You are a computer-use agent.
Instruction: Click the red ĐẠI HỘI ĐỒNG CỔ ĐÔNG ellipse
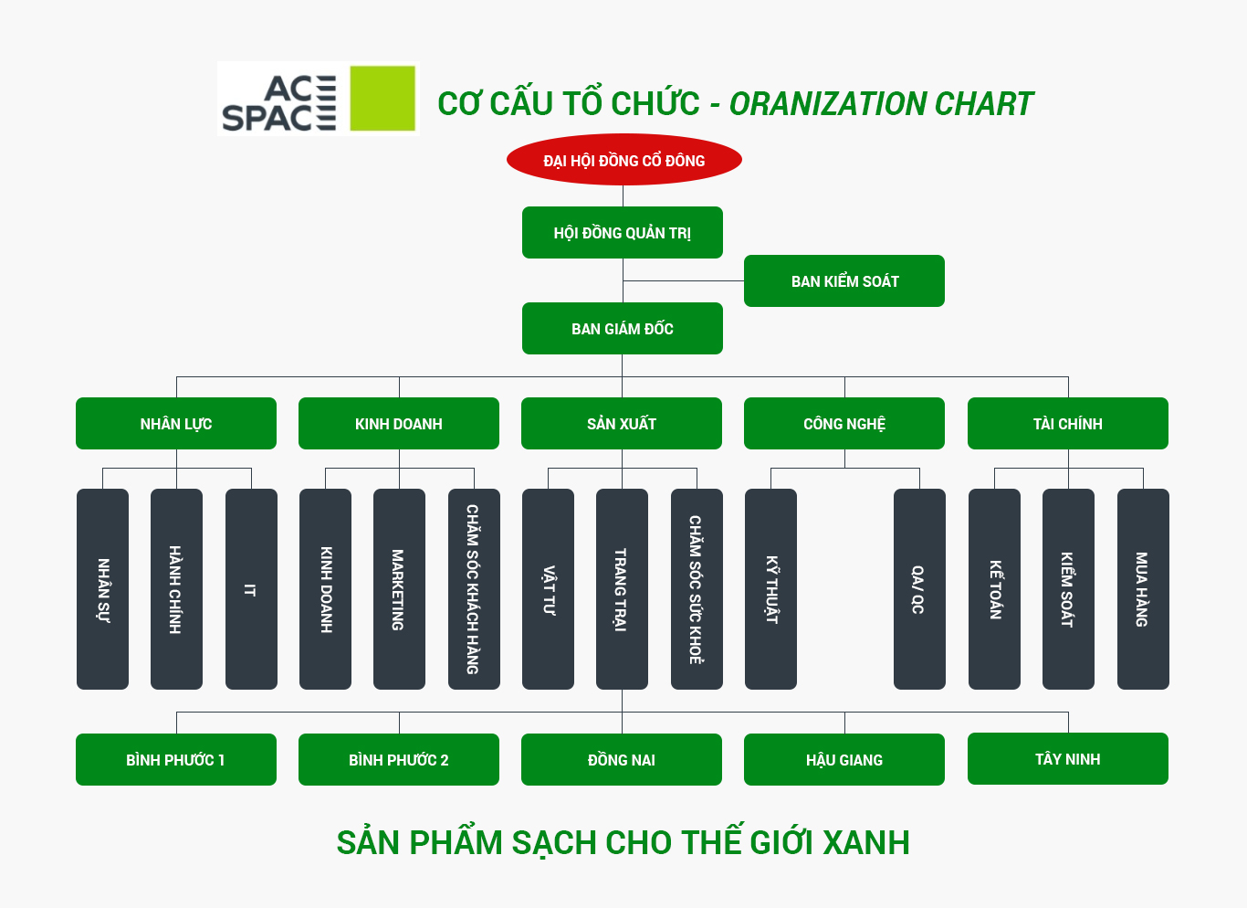tap(623, 160)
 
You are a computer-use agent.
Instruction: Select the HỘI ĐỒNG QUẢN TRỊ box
tap(622, 233)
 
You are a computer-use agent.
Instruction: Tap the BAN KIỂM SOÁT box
tap(844, 281)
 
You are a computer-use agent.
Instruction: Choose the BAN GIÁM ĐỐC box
tap(622, 329)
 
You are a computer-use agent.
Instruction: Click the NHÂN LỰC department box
tap(176, 424)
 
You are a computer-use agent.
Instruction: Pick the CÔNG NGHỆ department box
tap(844, 424)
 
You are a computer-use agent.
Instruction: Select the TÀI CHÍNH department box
tap(1067, 424)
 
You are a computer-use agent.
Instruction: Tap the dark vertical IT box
tap(251, 589)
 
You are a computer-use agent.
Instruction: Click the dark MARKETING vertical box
tap(399, 589)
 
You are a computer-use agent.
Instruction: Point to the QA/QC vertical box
tap(919, 589)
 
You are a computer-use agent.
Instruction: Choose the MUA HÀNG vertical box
tap(1143, 589)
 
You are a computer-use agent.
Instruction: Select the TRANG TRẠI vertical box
tap(622, 589)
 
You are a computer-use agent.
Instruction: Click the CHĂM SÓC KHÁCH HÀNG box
tap(474, 589)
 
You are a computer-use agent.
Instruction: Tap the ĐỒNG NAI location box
tap(622, 760)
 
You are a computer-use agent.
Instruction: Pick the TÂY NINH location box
tap(1067, 759)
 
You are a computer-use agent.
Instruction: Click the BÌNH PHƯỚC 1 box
tap(176, 760)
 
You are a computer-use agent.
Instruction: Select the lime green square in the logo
tap(382, 98)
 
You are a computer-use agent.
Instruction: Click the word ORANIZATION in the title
tap(827, 104)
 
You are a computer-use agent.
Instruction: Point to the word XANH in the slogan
tap(866, 842)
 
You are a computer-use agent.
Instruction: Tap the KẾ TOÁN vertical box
tap(994, 589)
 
